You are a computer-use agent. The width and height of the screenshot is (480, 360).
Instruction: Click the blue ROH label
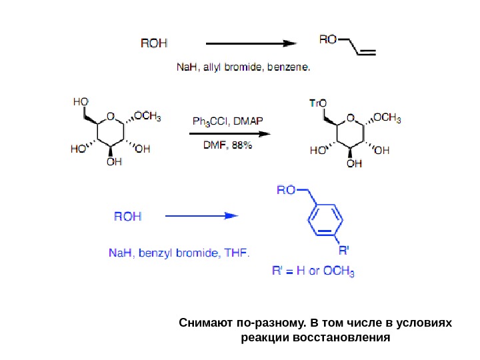[127, 216]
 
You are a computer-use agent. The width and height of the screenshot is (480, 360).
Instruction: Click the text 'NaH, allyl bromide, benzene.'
[243, 67]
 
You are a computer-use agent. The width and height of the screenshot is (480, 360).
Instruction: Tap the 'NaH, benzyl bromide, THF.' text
[179, 254]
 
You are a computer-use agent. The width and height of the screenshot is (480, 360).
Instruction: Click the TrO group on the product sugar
[317, 103]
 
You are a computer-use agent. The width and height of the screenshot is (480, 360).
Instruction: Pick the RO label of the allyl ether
[328, 39]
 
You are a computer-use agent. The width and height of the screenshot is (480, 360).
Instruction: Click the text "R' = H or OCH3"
[313, 271]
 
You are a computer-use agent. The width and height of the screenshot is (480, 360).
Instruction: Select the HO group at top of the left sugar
[81, 101]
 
